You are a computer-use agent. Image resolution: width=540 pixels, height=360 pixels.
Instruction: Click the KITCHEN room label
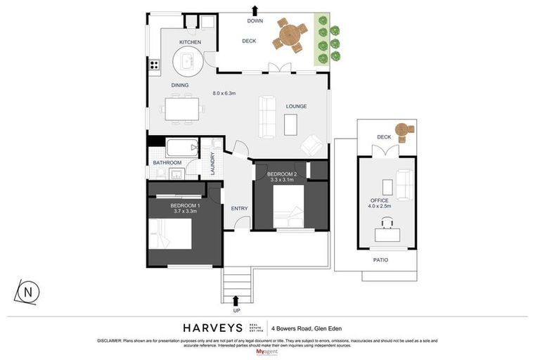point(190,42)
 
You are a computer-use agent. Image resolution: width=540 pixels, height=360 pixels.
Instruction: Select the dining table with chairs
point(183,109)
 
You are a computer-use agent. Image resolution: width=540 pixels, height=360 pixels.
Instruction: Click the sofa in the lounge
point(267,117)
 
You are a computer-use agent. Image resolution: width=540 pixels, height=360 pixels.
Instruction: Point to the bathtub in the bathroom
point(183,148)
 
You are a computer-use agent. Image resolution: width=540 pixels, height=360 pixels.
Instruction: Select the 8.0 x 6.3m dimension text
point(225,93)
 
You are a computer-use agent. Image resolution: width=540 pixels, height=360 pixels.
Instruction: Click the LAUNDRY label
point(212,164)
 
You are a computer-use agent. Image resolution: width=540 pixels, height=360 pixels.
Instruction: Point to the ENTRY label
point(239,208)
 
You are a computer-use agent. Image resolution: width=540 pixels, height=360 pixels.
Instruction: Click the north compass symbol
point(28,292)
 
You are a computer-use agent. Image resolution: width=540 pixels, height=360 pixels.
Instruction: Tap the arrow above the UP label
point(236,301)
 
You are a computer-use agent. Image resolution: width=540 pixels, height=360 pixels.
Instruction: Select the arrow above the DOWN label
point(255,9)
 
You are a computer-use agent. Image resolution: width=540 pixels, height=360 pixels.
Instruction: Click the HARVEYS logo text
point(212,328)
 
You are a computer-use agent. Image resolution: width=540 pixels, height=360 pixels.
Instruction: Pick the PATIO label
point(380,260)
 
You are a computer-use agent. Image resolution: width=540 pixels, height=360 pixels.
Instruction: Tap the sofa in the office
point(404,185)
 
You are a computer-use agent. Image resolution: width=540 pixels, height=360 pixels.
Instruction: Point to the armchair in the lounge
point(311,146)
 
